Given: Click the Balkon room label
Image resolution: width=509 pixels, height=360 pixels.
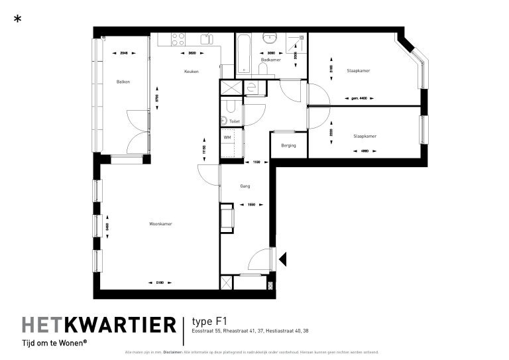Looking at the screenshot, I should pos(123,82).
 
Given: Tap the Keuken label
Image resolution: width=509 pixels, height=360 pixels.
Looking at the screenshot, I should pos(192,72).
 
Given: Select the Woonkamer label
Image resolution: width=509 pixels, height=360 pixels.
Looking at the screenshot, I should pos(161,224).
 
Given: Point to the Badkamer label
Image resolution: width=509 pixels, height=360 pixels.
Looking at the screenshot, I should pos(270,60).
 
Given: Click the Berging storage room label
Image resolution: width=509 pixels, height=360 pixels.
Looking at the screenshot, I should pos(288,145).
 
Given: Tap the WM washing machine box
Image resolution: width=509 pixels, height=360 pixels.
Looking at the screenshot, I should pos(227,137).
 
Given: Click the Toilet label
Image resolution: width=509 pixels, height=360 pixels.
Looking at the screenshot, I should pos(235,122).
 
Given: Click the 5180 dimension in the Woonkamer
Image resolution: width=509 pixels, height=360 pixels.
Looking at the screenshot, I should pos(160,284).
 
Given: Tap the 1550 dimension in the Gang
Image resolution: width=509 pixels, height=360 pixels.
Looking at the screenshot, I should pos(251,204).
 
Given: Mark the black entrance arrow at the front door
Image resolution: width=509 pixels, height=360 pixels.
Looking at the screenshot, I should pos(282,260).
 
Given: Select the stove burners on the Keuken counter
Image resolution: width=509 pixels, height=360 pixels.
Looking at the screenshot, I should pos(178,39).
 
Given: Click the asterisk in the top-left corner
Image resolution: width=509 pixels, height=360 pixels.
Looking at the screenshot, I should pos(17,19).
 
